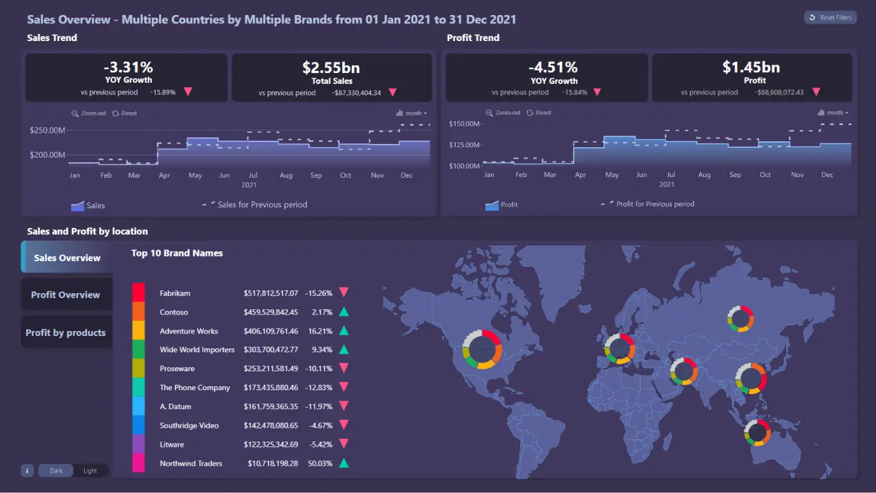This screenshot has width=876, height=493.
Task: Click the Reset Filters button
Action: click(x=830, y=18)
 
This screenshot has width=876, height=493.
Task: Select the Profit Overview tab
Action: click(x=66, y=295)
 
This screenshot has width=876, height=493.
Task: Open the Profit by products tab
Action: click(x=66, y=333)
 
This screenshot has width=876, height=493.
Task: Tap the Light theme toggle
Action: click(x=90, y=471)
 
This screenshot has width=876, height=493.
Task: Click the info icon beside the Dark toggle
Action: click(x=27, y=470)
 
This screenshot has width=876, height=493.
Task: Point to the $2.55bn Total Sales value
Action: click(x=331, y=68)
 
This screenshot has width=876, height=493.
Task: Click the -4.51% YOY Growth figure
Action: click(x=553, y=68)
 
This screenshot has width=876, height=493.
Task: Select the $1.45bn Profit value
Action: click(x=751, y=67)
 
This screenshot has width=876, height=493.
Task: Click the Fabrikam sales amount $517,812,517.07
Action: click(x=270, y=293)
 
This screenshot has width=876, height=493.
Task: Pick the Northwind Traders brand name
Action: click(x=191, y=464)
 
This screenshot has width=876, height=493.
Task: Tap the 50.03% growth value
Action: click(x=320, y=464)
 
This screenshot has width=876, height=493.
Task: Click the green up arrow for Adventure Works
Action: click(x=343, y=331)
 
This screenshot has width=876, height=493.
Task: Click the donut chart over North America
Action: click(x=482, y=349)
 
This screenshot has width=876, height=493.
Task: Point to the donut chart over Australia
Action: click(x=757, y=432)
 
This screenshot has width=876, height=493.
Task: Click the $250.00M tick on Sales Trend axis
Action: click(x=48, y=130)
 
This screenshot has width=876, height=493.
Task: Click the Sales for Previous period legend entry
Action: click(x=261, y=204)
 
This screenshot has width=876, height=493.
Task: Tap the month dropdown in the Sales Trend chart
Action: click(x=412, y=113)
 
